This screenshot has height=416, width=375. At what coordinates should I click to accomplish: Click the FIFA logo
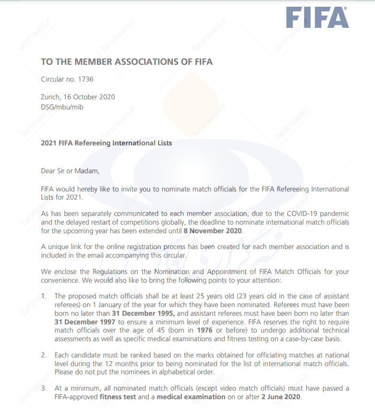click(x=317, y=18)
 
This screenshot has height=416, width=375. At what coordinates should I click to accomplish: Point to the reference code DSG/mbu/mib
click(x=62, y=107)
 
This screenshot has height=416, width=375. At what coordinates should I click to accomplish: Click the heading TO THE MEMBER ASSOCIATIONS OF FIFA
click(x=127, y=62)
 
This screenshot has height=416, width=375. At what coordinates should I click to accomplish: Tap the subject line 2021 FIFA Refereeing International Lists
click(x=106, y=143)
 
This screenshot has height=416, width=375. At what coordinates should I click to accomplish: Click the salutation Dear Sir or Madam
click(x=70, y=170)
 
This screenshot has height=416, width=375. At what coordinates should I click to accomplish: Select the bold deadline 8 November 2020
click(x=213, y=231)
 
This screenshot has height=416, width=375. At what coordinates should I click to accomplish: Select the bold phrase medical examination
click(x=191, y=397)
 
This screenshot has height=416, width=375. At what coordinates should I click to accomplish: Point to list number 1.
click(x=43, y=297)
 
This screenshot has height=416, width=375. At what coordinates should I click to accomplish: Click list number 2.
click(x=43, y=355)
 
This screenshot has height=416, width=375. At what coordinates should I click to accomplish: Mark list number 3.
click(x=43, y=388)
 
